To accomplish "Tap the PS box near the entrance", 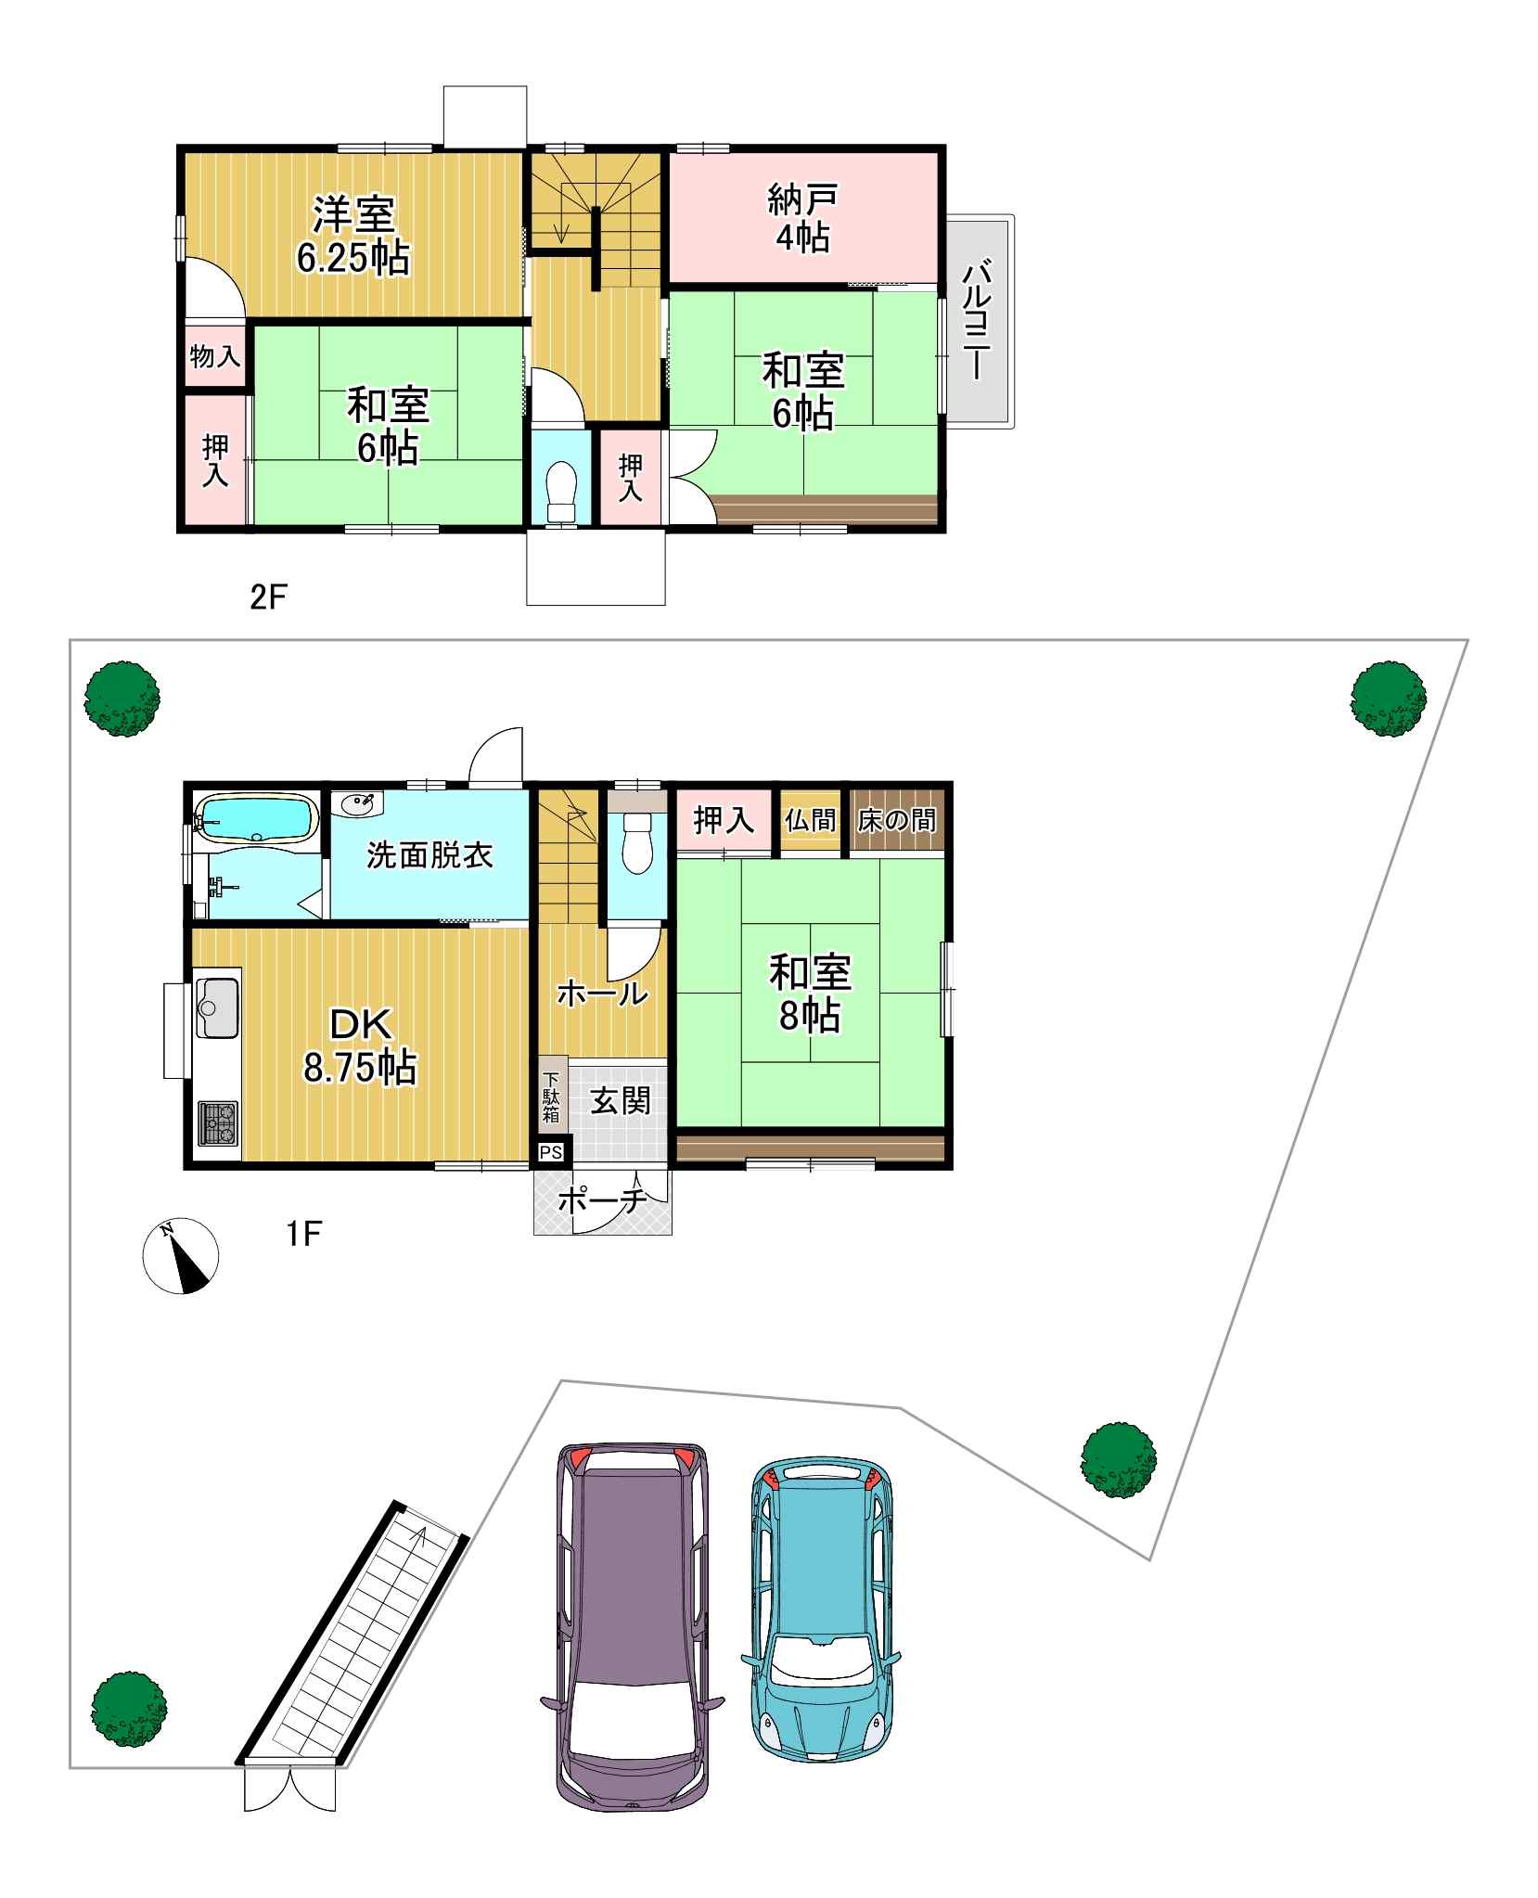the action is pos(551,1152).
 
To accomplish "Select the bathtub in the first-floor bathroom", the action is pos(256,818).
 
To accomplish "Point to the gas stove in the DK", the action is pos(217,1125).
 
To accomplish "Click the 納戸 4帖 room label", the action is pos(802,218).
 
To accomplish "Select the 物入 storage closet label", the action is pos(215,356).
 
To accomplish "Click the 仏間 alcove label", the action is pos(811,820).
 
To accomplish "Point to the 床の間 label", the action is pos(897,820).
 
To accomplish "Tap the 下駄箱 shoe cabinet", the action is pos(552,1096).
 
